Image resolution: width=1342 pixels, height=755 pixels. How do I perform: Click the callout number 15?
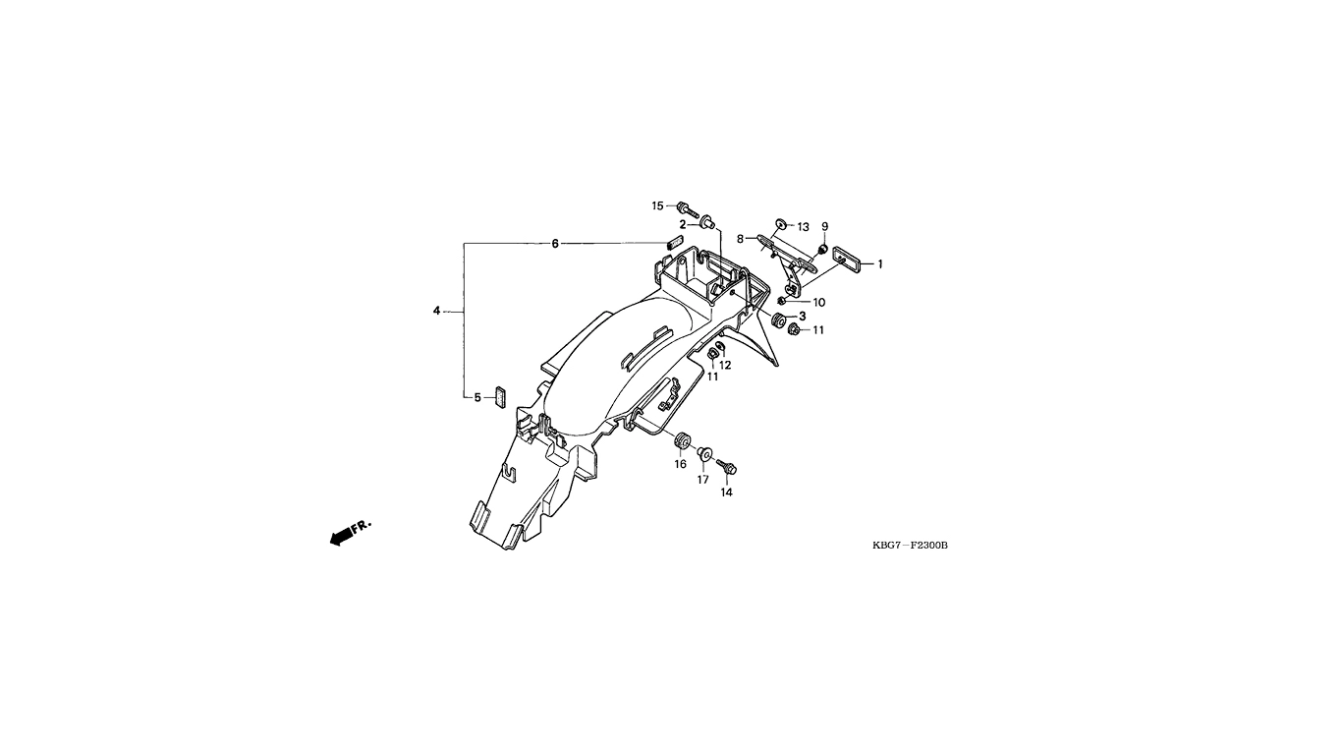click(658, 206)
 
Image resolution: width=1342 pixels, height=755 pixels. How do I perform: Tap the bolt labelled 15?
click(688, 210)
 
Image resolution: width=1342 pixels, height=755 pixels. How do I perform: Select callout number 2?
click(683, 225)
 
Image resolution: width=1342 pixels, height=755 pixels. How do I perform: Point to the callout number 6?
click(555, 244)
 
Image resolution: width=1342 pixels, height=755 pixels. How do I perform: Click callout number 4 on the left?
click(437, 311)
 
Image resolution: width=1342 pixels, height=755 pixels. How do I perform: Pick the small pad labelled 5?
click(500, 396)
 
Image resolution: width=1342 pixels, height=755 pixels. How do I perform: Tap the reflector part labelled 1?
click(847, 260)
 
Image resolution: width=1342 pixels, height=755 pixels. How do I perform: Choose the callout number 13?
click(803, 227)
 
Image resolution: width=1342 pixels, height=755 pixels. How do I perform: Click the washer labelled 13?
click(781, 224)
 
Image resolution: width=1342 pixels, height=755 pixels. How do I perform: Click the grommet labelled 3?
click(779, 320)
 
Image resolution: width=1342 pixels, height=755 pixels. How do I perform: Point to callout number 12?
click(725, 365)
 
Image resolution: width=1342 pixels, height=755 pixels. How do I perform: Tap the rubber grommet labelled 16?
click(681, 440)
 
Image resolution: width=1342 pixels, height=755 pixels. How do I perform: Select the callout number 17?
click(702, 480)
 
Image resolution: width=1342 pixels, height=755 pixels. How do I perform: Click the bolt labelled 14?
click(726, 467)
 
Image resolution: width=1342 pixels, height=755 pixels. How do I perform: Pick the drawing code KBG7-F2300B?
click(910, 545)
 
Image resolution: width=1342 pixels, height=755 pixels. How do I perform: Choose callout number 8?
click(740, 239)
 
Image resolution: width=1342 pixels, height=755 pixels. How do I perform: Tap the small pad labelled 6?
click(675, 242)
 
